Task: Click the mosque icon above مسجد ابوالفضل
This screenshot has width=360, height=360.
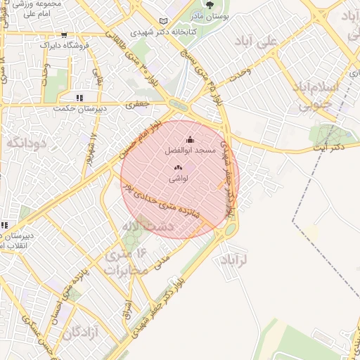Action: [189, 139]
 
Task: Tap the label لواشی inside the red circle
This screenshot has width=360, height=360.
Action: [177, 180]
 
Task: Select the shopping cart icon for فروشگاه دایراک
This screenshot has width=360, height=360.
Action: [64, 34]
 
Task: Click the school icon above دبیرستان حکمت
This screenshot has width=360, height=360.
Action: [79, 98]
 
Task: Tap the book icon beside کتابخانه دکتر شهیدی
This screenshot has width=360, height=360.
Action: [164, 21]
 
